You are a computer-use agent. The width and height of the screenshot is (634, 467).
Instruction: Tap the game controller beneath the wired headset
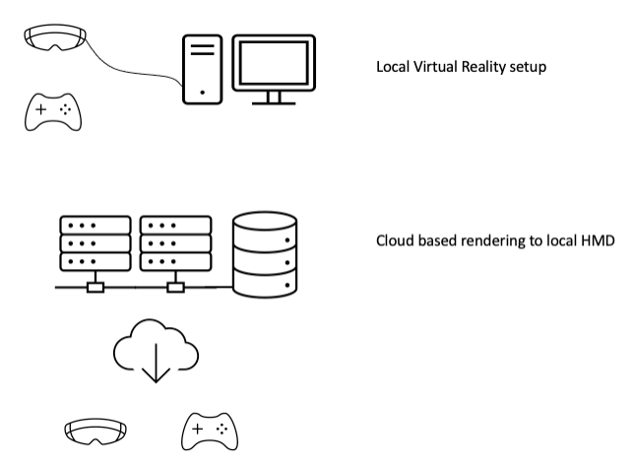(52, 112)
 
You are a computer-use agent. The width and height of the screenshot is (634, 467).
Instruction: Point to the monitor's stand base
(274, 101)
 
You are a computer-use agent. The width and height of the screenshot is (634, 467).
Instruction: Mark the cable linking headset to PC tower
(138, 75)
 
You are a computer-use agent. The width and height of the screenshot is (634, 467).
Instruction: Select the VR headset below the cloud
(95, 432)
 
